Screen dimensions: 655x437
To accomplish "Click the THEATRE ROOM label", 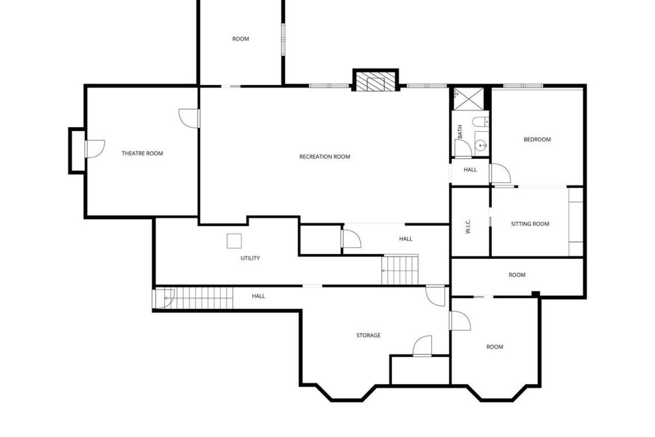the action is (142, 154).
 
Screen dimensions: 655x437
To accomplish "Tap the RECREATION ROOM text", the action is (325, 157).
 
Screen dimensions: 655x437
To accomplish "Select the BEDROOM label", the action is (537, 139).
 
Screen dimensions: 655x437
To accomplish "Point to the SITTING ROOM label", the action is (530, 224).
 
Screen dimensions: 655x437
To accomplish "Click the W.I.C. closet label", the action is (468, 226).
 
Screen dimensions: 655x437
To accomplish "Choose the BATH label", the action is (460, 131).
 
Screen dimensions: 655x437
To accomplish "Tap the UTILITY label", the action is (250, 258).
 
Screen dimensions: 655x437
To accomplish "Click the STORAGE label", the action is (368, 335).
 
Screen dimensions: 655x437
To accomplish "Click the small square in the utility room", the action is (234, 241).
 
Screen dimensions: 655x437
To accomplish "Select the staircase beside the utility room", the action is (400, 270).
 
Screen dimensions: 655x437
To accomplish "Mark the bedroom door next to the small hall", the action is (500, 174).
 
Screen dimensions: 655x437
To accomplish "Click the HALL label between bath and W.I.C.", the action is (471, 170).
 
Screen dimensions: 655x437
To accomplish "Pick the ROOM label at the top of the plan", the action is (241, 39).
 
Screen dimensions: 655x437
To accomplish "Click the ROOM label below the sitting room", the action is (517, 275).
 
